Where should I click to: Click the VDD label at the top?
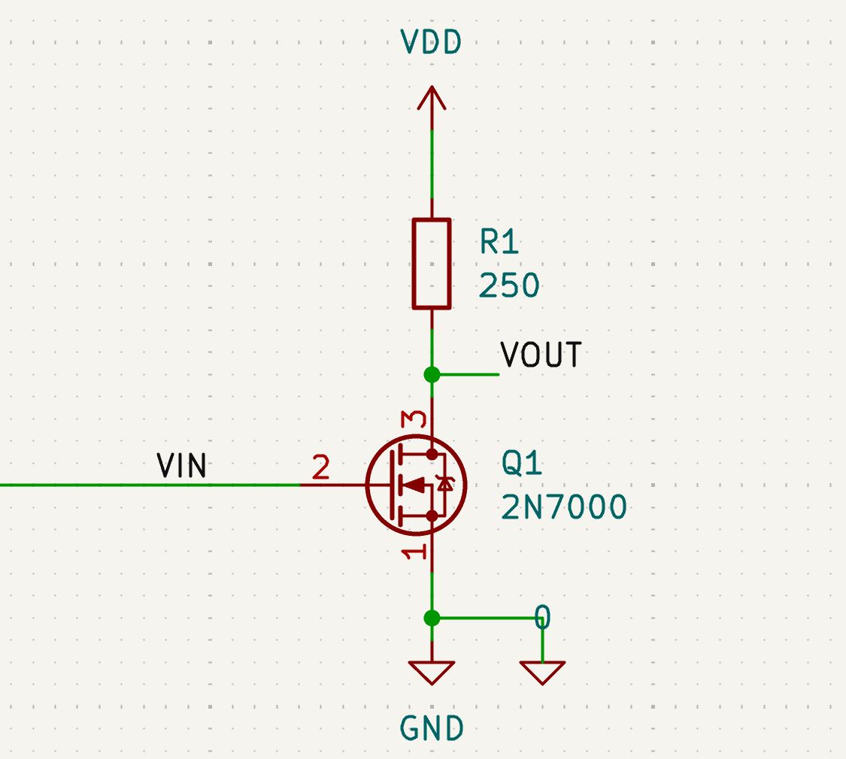(431, 43)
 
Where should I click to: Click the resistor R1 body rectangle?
(432, 264)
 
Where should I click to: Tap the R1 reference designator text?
(500, 243)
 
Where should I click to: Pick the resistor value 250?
(509, 286)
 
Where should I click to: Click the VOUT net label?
(541, 355)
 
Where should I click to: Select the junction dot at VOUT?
(432, 374)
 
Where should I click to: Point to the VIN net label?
(181, 466)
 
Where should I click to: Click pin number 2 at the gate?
(321, 469)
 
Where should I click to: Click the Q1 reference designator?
(522, 464)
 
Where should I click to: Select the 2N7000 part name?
(564, 509)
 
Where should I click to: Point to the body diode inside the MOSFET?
(446, 485)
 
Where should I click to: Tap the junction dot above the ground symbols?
(432, 618)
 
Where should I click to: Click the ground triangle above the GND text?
(432, 671)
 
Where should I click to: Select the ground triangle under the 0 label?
(542, 671)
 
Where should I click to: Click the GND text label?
(432, 727)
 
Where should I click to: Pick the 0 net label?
(542, 618)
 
